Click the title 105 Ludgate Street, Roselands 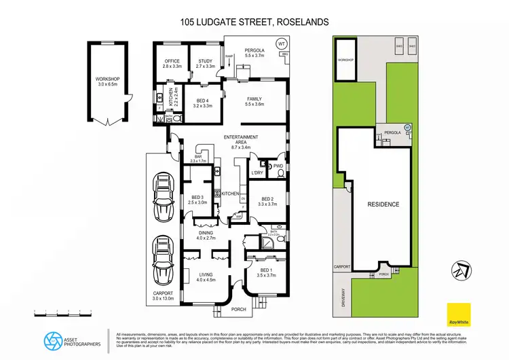click(x=254, y=22)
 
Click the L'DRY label click(x=257, y=173)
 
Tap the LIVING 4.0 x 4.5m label click(x=205, y=276)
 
